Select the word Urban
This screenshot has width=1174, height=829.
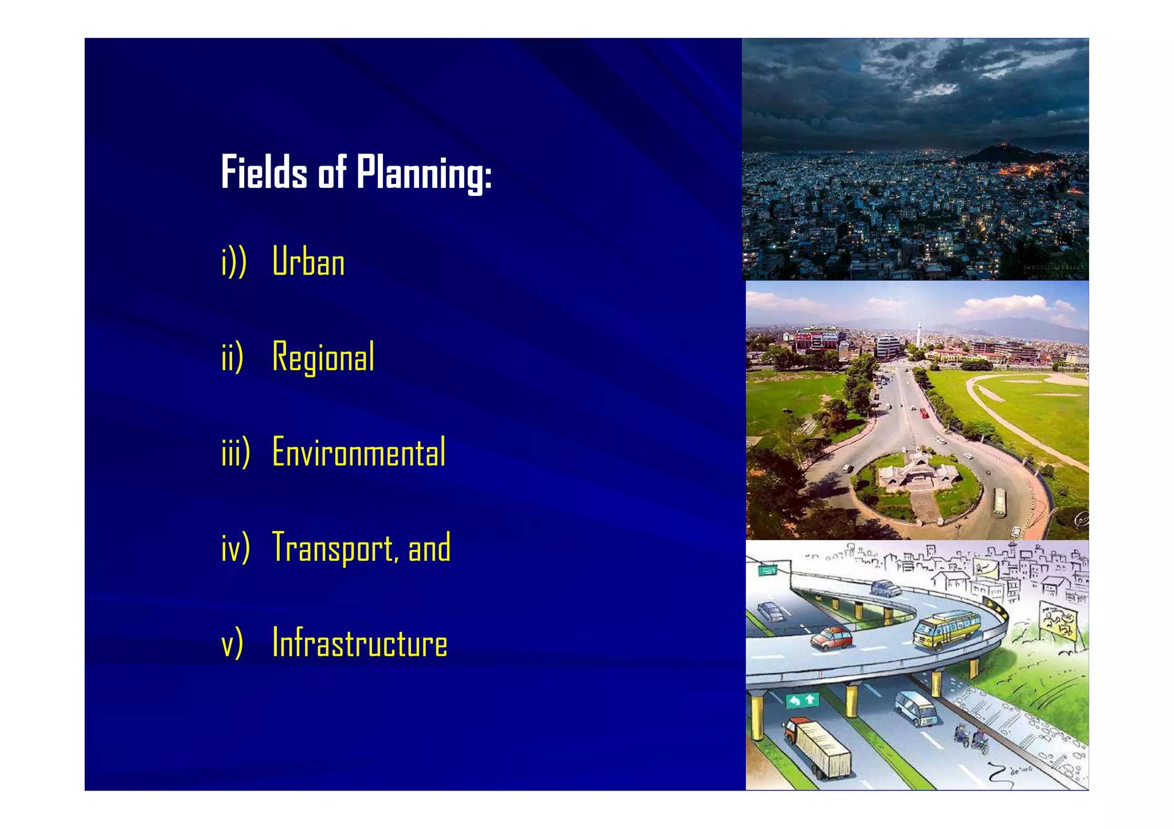pyautogui.click(x=308, y=262)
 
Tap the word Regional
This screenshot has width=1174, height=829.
pyautogui.click(x=323, y=356)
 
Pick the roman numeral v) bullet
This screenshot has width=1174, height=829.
pyautogui.click(x=232, y=643)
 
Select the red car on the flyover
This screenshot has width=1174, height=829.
pyautogui.click(x=831, y=638)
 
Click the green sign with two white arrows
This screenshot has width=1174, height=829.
pyautogui.click(x=801, y=700)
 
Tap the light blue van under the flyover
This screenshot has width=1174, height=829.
pyautogui.click(x=916, y=708)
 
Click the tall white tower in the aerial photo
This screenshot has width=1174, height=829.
pyautogui.click(x=918, y=332)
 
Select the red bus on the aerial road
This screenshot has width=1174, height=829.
pyautogui.click(x=923, y=412)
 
